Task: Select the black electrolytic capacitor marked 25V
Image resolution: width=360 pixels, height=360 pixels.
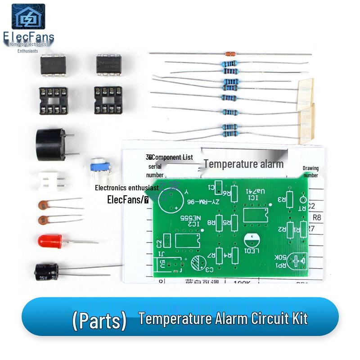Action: point(47,271)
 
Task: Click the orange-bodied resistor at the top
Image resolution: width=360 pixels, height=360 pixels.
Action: point(229,54)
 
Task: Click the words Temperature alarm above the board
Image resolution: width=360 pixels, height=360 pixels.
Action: point(243,164)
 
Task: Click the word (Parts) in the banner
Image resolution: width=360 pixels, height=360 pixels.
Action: point(99,320)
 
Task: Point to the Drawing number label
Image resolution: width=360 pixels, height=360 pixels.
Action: point(310,171)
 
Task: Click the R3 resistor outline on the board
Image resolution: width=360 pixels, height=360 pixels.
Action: point(290,198)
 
